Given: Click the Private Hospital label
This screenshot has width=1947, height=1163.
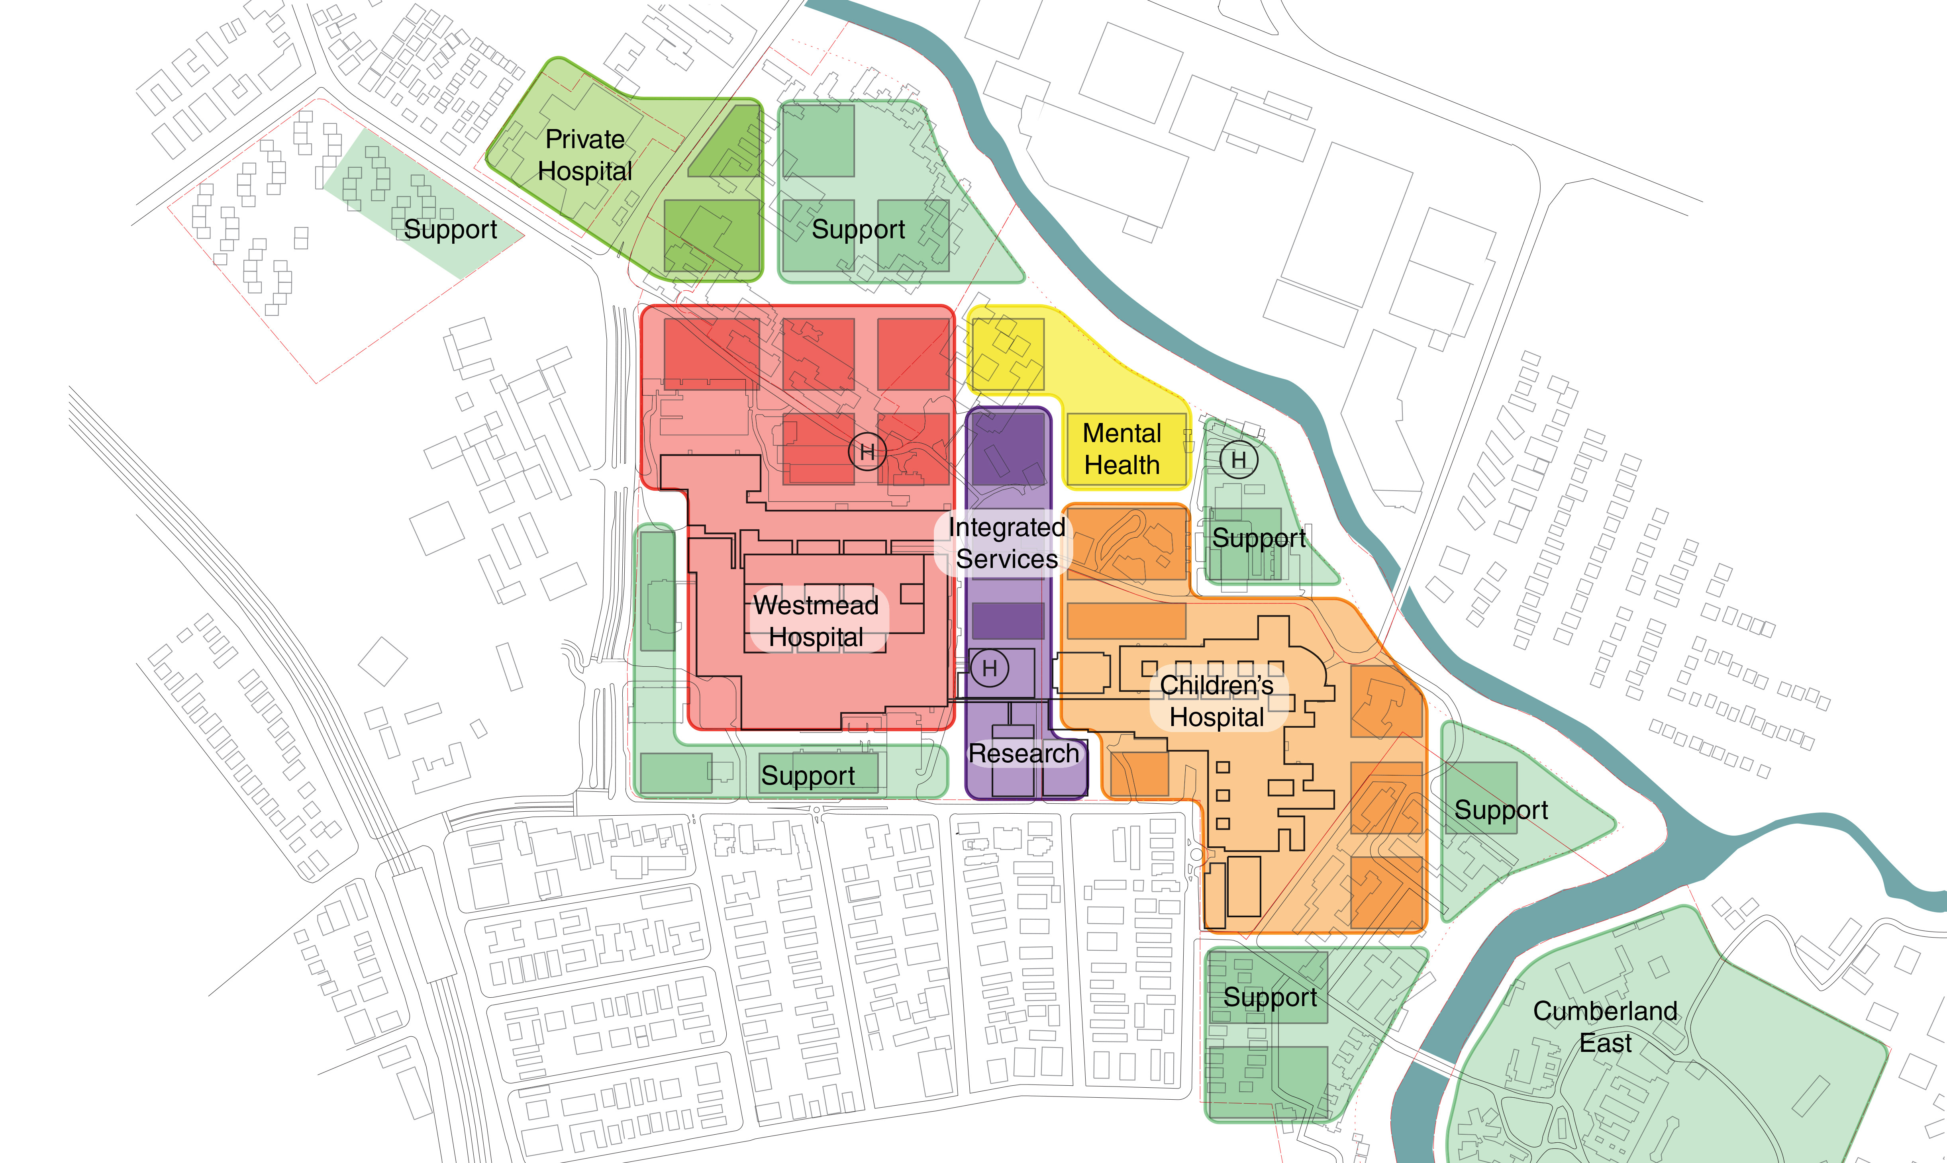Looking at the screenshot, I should click(585, 155).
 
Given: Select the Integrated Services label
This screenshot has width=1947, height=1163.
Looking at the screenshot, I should click(1006, 543).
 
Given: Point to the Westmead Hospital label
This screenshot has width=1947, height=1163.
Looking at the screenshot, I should click(816, 621).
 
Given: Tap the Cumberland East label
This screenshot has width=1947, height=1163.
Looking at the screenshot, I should click(1605, 1027).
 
